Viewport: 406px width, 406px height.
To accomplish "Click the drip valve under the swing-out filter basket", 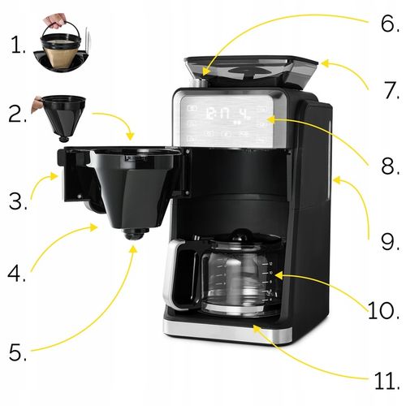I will coord(133,234).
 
